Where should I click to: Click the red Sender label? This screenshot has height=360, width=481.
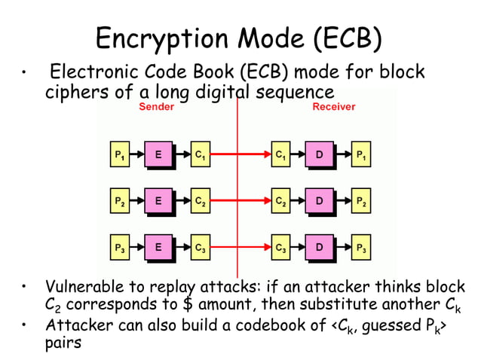156,107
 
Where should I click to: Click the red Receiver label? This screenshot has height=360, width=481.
333,107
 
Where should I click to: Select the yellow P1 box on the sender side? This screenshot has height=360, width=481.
120,156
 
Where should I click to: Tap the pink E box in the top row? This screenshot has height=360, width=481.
158,156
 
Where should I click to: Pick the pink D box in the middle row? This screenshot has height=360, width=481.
319,201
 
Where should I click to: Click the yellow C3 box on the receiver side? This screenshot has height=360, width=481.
280,247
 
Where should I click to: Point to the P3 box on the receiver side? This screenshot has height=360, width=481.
362,247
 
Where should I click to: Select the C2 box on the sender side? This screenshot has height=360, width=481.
200,201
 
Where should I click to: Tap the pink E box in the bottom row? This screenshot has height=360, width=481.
158,247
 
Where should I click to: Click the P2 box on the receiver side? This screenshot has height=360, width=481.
362,201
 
